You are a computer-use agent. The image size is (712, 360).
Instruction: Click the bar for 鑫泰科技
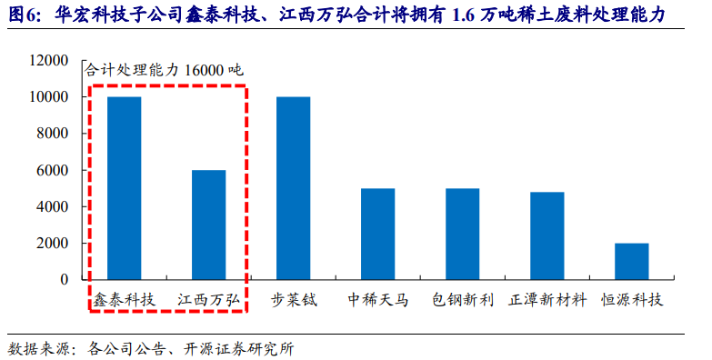(x=124, y=187)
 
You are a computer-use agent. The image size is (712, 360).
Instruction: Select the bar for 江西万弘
(x=208, y=225)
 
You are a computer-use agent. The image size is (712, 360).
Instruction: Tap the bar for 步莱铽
(x=293, y=187)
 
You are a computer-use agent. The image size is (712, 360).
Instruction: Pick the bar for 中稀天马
(x=377, y=234)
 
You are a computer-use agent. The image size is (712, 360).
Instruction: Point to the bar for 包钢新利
(x=462, y=234)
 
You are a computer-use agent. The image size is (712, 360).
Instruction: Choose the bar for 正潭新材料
(x=547, y=235)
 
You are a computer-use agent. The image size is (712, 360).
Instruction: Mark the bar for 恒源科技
(x=631, y=261)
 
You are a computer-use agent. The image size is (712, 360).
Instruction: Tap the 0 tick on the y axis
(x=65, y=280)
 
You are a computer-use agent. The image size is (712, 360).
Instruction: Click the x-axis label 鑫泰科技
(x=125, y=299)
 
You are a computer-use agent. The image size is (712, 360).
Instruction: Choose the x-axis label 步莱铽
(x=294, y=299)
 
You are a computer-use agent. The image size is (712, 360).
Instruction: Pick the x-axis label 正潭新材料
(x=547, y=299)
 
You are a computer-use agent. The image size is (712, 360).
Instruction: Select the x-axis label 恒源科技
(x=632, y=299)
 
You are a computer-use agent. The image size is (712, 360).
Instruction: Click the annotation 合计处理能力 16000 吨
(x=164, y=70)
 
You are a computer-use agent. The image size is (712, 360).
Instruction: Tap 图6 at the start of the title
(x=25, y=15)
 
